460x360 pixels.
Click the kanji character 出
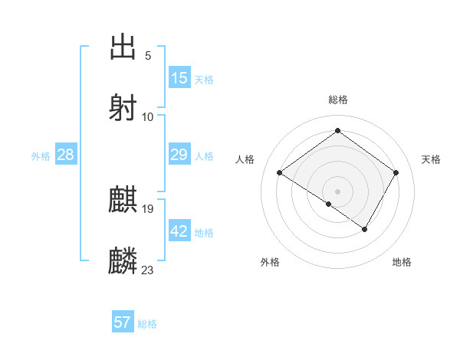(123, 47)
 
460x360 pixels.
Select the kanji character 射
(123, 108)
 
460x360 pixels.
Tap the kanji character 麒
(123, 200)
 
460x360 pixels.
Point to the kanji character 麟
(123, 261)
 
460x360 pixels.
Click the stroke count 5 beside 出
(147, 56)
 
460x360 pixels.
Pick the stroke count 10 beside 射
(148, 117)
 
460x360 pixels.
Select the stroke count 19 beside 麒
(148, 209)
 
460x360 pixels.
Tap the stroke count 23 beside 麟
(148, 270)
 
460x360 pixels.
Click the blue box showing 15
(179, 78)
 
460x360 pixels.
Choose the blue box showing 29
(179, 155)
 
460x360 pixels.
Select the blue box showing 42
(179, 231)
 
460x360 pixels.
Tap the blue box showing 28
(66, 155)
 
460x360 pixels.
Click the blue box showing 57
(123, 322)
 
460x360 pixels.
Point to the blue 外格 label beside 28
(41, 156)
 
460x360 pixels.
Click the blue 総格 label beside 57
(147, 324)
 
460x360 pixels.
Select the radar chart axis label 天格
(431, 159)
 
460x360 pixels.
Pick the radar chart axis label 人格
(245, 159)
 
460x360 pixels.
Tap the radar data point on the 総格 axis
(337, 131)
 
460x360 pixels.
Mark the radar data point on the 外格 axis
(329, 204)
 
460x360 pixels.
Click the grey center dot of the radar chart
(337, 191)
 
